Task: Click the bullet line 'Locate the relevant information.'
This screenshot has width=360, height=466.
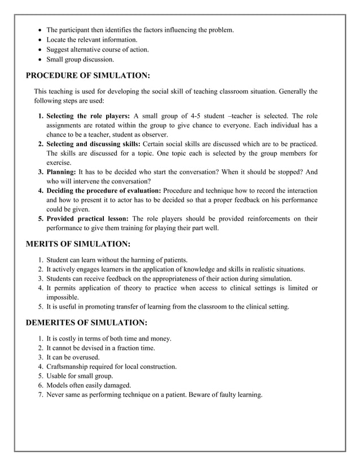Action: (91, 39)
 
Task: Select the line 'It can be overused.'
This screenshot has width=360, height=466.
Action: (73, 357)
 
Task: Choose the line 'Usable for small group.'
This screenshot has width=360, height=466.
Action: (80, 376)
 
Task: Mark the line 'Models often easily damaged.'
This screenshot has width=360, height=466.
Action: (87, 385)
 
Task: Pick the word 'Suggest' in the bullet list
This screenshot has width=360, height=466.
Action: (59, 50)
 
